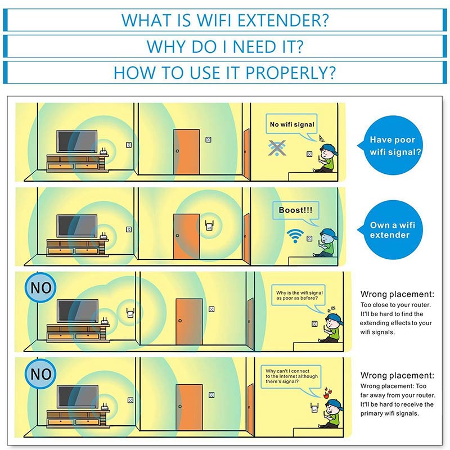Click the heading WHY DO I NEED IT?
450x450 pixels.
click(x=225, y=46)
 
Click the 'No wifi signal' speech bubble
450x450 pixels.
click(x=292, y=124)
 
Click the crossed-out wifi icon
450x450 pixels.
click(x=277, y=148)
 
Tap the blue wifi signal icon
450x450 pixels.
click(x=294, y=234)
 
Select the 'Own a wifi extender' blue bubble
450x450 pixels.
click(x=393, y=230)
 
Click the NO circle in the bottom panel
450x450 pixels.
click(x=39, y=374)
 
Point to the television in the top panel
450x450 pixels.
click(x=77, y=142)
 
